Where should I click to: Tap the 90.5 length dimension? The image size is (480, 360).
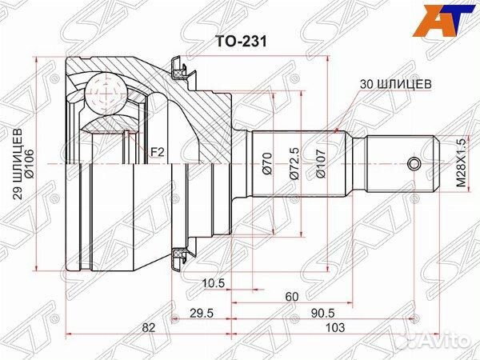pyautogui.click(x=323, y=314)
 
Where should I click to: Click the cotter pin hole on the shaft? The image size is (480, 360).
pyautogui.click(x=412, y=165)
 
